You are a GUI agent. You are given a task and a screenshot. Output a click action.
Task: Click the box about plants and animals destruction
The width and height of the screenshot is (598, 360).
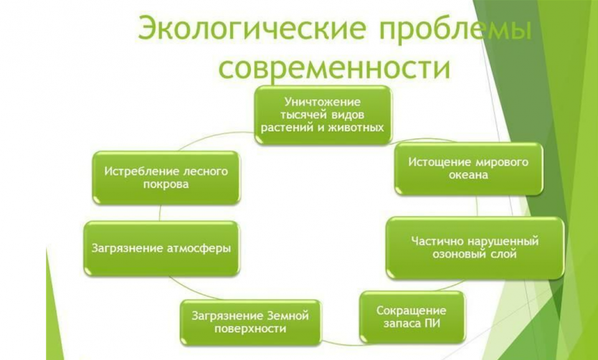point(323,115)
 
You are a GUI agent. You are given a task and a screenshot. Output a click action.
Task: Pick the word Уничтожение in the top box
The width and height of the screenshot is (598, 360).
point(323,102)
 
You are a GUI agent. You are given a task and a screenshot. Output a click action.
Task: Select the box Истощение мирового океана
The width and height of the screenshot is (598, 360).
point(468,169)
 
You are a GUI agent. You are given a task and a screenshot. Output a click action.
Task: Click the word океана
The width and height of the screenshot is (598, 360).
point(468,175)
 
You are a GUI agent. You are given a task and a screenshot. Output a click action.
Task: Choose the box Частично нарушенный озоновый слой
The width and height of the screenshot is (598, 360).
point(475,247)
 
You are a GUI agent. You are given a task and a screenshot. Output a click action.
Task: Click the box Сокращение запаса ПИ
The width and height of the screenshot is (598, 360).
point(412,317)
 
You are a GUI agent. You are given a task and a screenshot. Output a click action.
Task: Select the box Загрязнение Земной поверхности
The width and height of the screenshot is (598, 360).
point(250,323)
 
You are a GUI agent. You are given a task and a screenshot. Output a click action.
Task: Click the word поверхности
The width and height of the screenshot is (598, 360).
point(250,329)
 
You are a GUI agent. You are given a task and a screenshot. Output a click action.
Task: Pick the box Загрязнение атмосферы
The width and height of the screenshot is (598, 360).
point(161,249)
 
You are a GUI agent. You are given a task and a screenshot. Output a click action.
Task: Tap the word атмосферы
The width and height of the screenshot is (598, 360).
point(199,249)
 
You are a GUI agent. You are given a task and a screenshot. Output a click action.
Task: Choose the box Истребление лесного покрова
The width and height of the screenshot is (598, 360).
point(166,178)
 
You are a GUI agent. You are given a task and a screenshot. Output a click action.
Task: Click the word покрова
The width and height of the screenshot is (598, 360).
point(166,184)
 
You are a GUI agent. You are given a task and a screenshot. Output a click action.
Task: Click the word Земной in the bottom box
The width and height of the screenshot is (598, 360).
point(288,316)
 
